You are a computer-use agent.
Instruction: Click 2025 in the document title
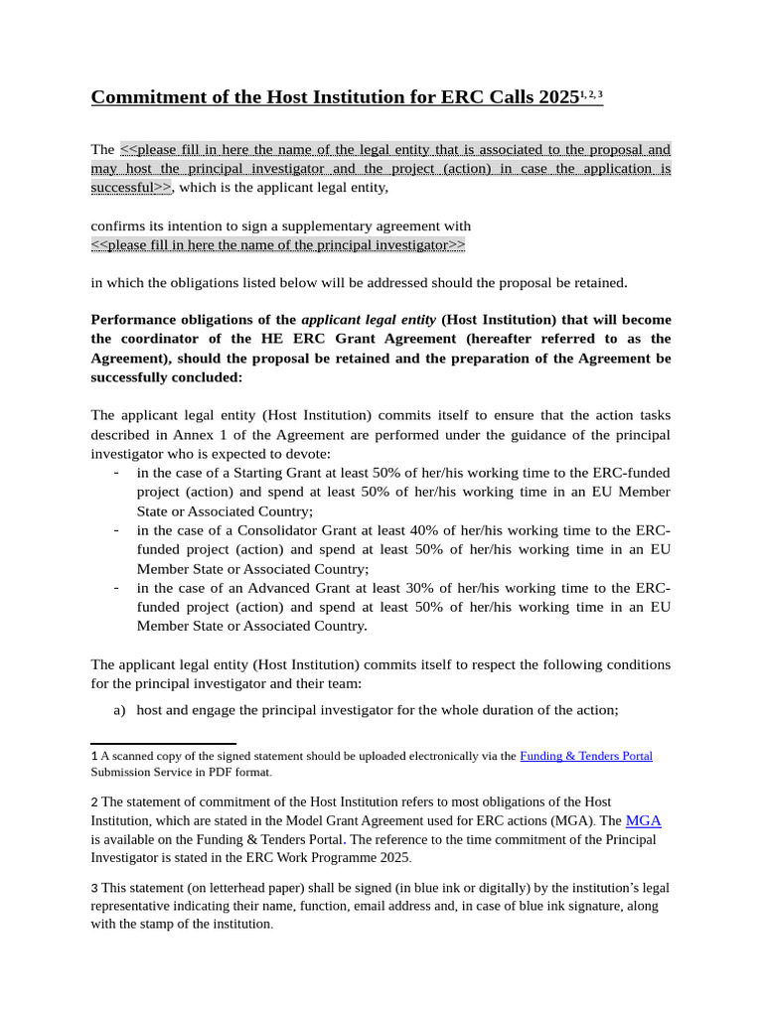559,96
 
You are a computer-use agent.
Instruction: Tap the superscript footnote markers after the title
592,93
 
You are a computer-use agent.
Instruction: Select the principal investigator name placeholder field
277,244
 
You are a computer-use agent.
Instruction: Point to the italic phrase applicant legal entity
368,320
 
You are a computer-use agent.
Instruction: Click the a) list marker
120,710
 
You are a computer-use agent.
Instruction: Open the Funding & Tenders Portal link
585,756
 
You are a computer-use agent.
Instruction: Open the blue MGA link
643,820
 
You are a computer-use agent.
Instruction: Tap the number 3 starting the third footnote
94,888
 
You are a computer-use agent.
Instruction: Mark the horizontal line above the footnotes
163,743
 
